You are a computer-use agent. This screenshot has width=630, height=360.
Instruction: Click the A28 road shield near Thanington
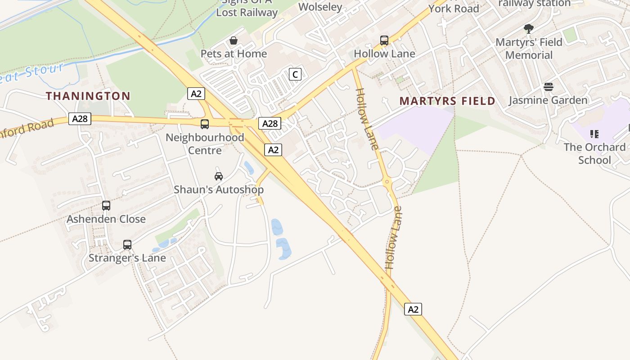pos(80,119)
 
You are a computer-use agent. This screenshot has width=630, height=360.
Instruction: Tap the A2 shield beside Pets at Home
pos(196,94)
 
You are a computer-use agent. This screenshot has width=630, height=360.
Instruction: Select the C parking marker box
pos(295,74)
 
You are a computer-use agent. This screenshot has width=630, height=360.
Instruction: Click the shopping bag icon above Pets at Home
pos(233,41)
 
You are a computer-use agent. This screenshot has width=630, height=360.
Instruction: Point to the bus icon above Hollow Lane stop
pos(384,40)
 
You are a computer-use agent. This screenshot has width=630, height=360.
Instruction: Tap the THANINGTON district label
pos(88,96)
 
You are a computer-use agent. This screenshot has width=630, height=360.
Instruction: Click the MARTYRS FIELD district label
pos(447,101)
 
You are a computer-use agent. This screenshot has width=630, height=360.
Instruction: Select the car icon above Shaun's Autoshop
pos(219,176)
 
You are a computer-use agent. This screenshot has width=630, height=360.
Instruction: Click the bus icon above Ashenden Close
pos(106,206)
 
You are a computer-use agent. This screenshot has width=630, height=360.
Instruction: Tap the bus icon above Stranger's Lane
pos(127,245)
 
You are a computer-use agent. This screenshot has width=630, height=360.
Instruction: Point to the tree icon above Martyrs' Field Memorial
pos(529,29)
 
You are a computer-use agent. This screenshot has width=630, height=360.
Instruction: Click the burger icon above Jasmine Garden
pos(548,87)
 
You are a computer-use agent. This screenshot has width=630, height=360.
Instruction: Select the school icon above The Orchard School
pos(594,134)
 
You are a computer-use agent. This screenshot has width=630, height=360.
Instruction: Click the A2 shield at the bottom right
pos(413,309)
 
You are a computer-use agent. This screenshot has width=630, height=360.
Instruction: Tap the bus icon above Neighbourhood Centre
pos(205,124)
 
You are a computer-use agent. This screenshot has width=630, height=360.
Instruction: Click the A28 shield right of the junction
pos(270,123)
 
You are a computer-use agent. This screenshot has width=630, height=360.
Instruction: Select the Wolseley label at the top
pos(320,7)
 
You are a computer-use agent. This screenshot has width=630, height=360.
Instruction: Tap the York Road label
pos(453,9)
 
